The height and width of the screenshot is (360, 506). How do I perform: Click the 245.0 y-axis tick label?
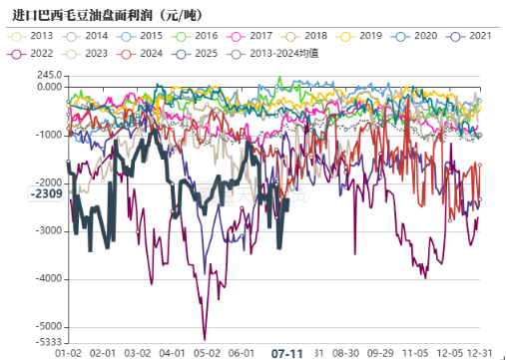[46, 75]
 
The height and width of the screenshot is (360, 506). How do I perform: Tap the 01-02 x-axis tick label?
[68, 352]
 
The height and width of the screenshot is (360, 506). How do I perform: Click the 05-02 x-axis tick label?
[207, 352]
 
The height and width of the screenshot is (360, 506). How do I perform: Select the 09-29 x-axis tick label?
[380, 352]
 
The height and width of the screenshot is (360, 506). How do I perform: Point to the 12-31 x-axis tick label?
[483, 352]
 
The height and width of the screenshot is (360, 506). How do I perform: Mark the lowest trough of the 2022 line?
[205, 339]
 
